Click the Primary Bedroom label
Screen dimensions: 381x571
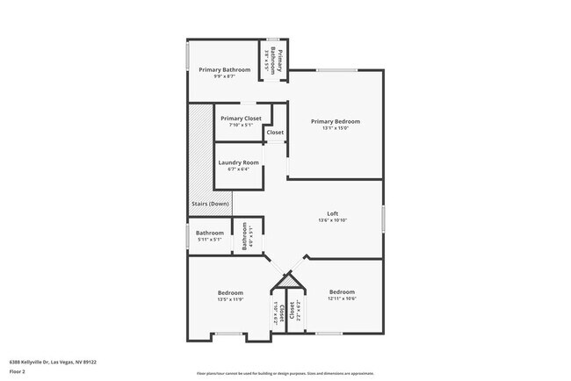click(x=336, y=121)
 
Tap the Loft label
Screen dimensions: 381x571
click(x=333, y=213)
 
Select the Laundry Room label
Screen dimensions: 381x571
click(x=238, y=162)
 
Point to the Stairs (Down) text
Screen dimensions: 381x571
click(x=210, y=204)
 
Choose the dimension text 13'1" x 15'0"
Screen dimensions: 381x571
click(x=336, y=128)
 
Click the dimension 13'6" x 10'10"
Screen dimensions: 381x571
click(x=333, y=220)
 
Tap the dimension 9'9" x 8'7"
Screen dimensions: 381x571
click(x=224, y=76)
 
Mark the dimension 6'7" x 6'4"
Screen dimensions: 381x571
click(x=238, y=169)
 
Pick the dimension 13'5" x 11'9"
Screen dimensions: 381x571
click(x=230, y=299)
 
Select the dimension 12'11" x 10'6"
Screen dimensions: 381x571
click(x=342, y=298)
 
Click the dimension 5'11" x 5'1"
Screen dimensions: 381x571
click(x=209, y=240)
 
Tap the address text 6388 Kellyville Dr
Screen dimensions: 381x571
click(x=53, y=361)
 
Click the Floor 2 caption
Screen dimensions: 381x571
click(x=18, y=371)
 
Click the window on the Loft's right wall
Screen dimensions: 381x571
click(x=384, y=219)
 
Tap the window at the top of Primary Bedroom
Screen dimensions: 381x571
click(x=336, y=70)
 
